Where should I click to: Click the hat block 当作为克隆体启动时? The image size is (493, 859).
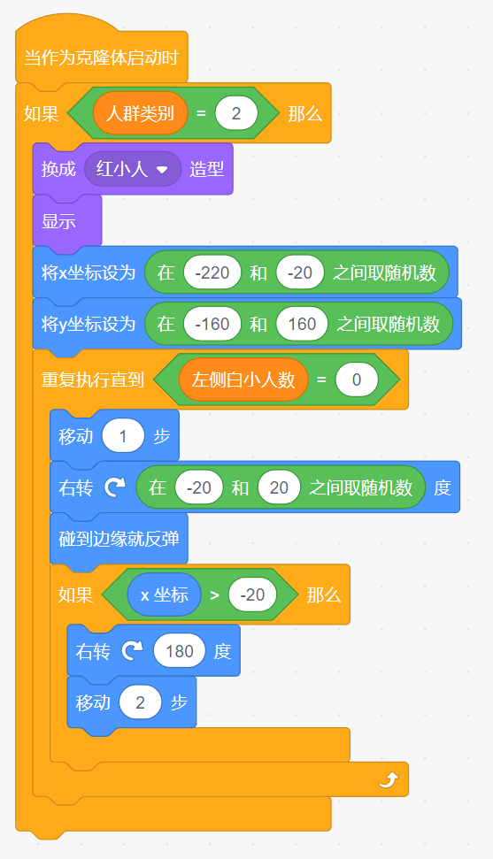(x=102, y=57)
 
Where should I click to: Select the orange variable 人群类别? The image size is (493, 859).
(x=140, y=113)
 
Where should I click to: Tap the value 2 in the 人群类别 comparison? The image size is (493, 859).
(x=236, y=113)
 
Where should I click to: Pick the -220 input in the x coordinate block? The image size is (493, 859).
(x=212, y=272)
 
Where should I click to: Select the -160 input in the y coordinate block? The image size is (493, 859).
(x=212, y=324)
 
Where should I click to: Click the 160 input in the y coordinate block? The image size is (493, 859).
(x=302, y=324)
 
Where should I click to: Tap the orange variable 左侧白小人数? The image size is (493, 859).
(x=243, y=380)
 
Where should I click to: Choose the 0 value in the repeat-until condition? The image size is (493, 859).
(x=357, y=380)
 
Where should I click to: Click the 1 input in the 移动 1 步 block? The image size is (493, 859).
(x=123, y=437)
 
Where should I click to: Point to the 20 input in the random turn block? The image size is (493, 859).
(x=279, y=487)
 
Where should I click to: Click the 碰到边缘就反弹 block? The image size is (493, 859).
(x=119, y=539)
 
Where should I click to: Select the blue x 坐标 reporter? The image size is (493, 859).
(x=164, y=594)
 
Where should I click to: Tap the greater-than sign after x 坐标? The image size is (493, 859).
(x=214, y=595)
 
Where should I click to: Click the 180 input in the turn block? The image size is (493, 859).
(x=180, y=651)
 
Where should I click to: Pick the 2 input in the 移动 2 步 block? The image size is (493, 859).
(x=141, y=702)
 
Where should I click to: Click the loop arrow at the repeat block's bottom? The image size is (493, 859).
(x=389, y=779)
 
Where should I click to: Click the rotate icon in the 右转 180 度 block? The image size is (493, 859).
(x=132, y=650)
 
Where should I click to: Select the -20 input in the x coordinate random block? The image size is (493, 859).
(x=299, y=272)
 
